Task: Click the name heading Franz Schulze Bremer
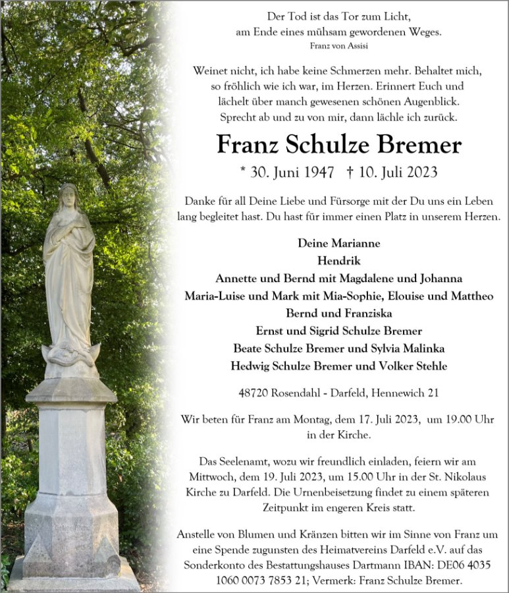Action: (339, 144)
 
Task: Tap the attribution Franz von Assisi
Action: (338, 45)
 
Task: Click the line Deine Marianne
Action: (338, 243)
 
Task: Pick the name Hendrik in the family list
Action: (338, 260)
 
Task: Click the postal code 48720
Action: (253, 393)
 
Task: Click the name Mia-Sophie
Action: (348, 296)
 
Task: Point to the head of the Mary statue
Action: (68, 196)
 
